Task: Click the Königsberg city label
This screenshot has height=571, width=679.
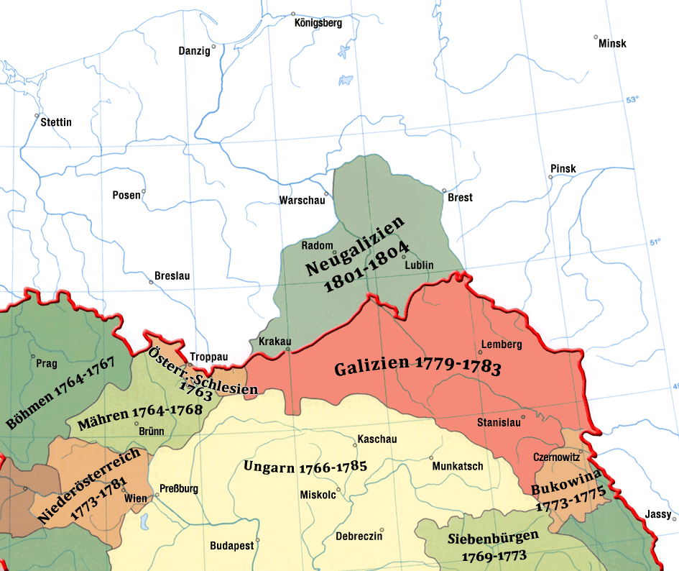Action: [x=318, y=23]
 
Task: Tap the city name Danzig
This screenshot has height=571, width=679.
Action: [x=194, y=51]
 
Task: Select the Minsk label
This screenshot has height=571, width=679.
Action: [x=611, y=43]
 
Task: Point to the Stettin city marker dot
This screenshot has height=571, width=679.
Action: [x=37, y=115]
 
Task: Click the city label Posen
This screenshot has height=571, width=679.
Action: [x=126, y=195]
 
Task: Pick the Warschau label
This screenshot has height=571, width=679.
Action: [x=302, y=201]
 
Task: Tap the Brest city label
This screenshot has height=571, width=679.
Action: [x=460, y=197]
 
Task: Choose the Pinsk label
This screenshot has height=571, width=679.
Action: [x=563, y=169]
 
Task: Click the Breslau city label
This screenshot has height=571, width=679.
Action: [x=173, y=276]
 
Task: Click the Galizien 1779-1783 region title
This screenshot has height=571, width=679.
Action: [x=417, y=367]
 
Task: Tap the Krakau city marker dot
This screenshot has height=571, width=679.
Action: [x=287, y=350]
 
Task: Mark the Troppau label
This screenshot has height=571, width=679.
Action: [x=209, y=357]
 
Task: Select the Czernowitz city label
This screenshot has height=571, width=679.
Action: [x=558, y=457]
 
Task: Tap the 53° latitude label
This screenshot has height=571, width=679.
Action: [x=632, y=101]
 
